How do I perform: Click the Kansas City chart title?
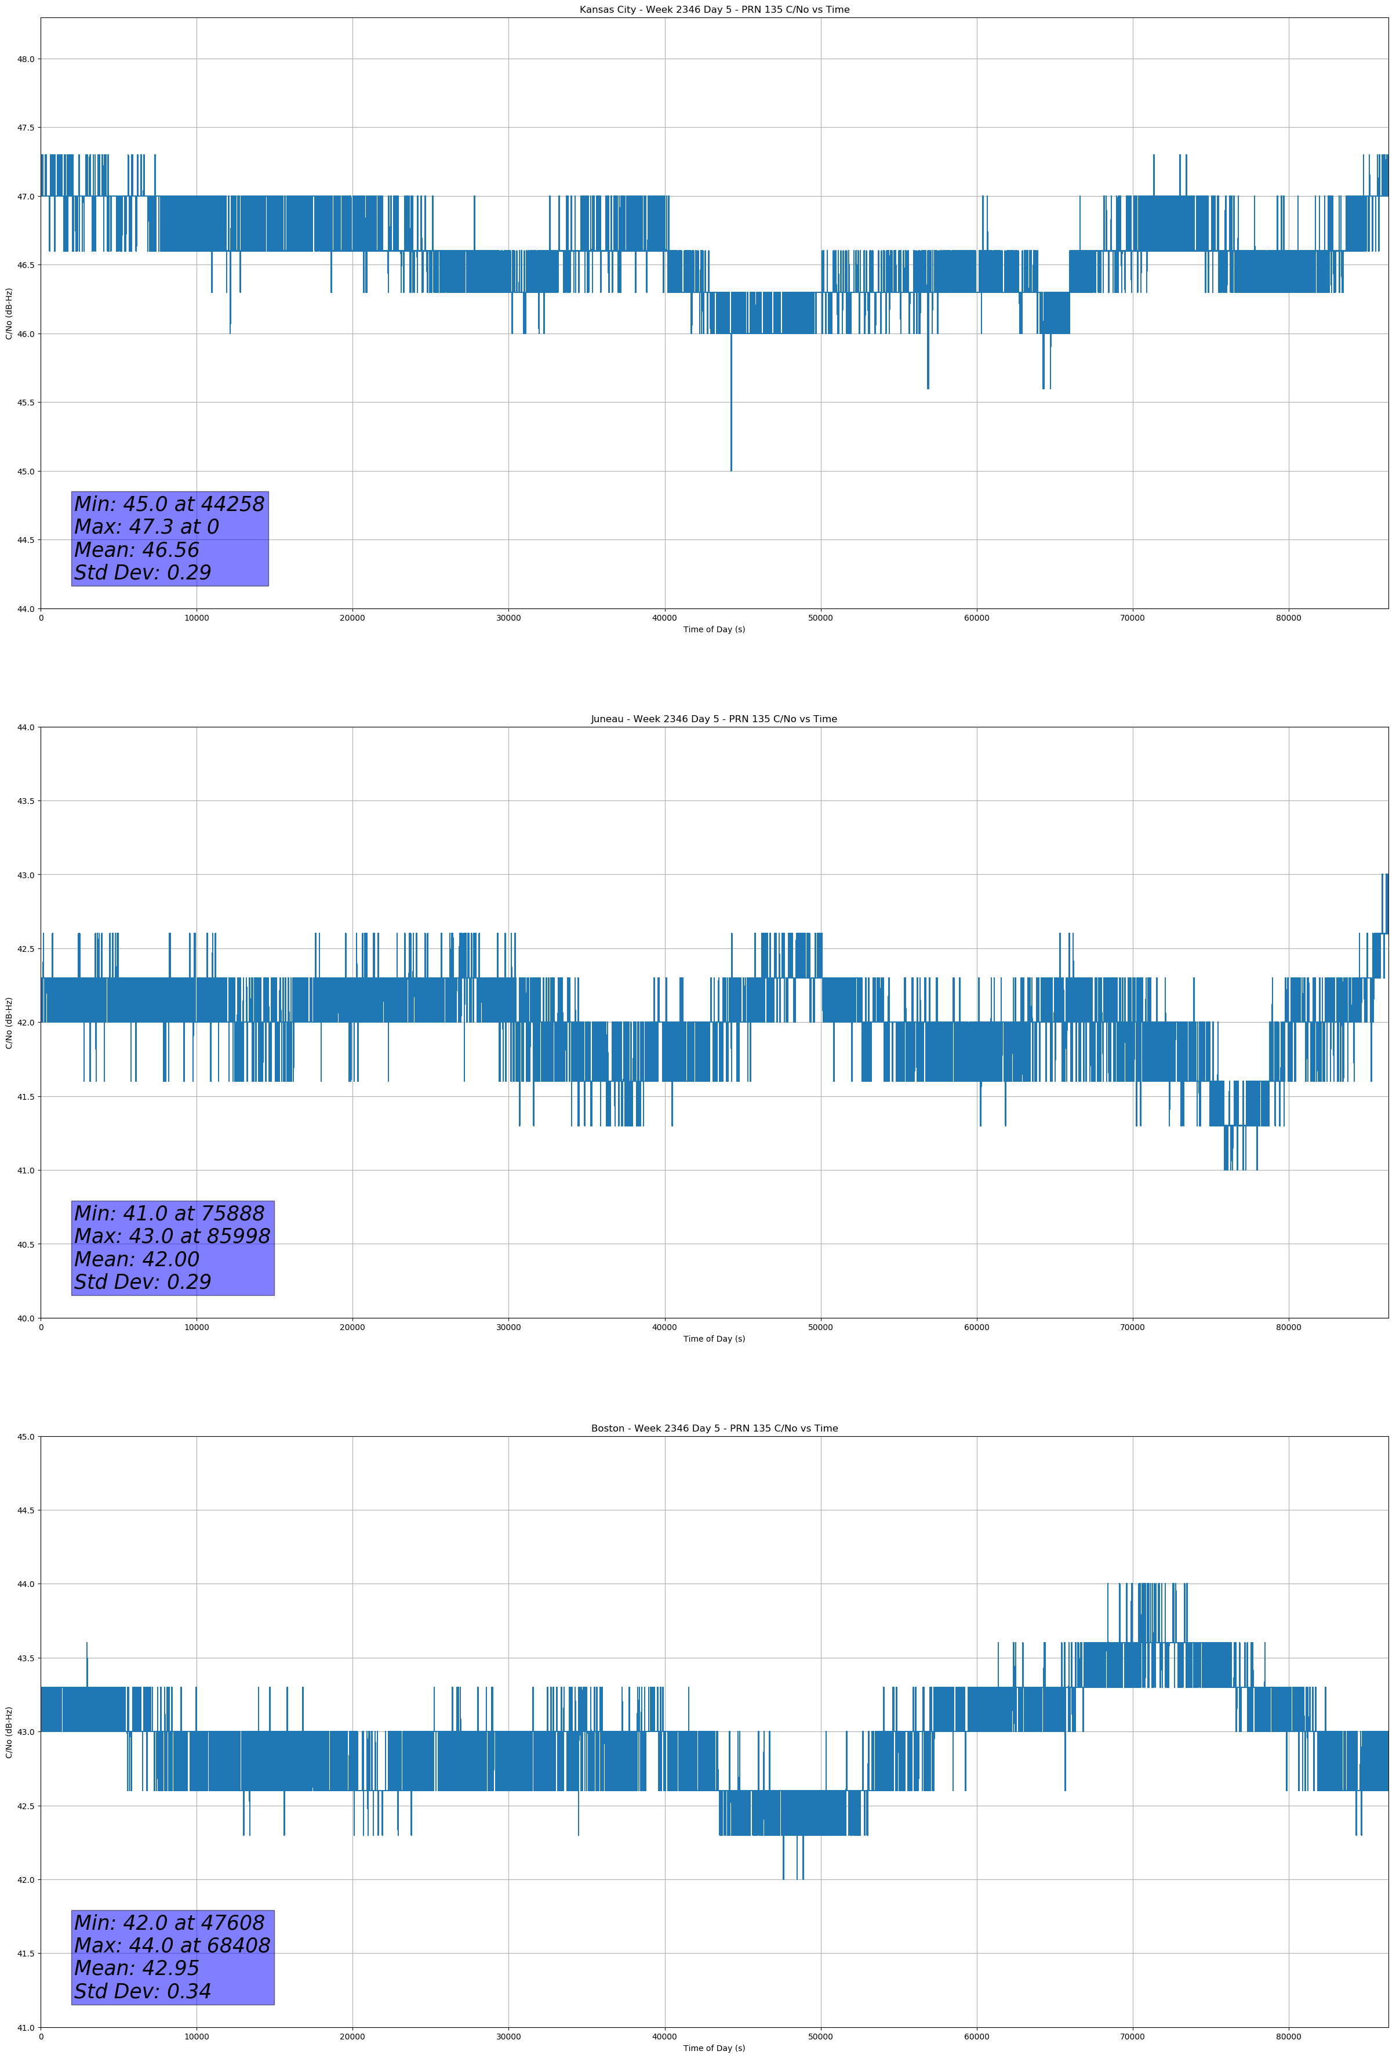coord(714,10)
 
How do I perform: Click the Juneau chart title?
coord(714,719)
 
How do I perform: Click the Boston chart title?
coord(714,1429)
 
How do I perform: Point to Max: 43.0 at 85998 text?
coord(172,1236)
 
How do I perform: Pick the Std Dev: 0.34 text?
coord(143,1991)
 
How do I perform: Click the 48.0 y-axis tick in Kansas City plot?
coord(26,59)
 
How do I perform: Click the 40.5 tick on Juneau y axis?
coord(26,1244)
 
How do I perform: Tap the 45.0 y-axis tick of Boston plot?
coord(26,1436)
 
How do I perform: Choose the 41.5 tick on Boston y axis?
coord(26,1954)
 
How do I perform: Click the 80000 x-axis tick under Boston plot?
coord(1288,2037)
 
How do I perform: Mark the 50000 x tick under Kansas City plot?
coord(820,618)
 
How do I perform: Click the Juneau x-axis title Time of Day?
coord(714,1339)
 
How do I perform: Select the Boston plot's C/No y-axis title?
coord(9,1732)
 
